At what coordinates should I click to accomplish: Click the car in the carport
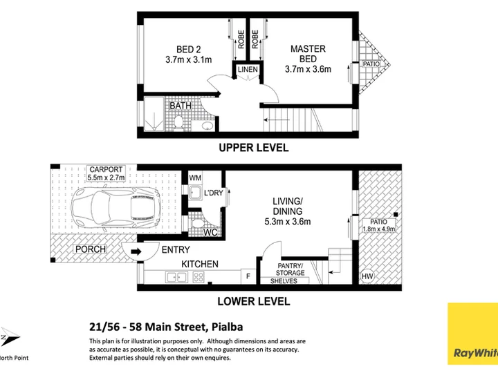click(x=116, y=208)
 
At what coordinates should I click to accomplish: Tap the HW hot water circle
click(x=367, y=276)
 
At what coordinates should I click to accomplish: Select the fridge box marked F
click(x=248, y=276)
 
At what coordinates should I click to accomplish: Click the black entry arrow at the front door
click(x=136, y=252)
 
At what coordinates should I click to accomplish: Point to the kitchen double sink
click(x=176, y=278)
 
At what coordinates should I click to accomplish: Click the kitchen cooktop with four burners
click(x=199, y=278)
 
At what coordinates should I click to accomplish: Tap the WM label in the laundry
click(x=194, y=178)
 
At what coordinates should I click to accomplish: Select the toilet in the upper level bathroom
click(x=178, y=123)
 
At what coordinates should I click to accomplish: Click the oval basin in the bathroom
click(x=207, y=126)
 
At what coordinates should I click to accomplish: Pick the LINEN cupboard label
click(x=248, y=70)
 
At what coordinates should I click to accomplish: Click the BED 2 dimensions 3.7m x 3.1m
click(x=189, y=59)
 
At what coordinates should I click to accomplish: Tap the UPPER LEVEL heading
click(x=254, y=148)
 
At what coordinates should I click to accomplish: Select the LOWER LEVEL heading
click(x=254, y=301)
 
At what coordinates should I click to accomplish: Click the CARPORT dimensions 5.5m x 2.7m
click(x=106, y=178)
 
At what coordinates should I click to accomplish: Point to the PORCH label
click(x=91, y=249)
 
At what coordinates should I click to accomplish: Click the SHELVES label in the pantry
click(x=284, y=281)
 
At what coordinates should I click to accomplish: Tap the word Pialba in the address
click(x=228, y=327)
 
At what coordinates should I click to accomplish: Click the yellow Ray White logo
click(x=473, y=334)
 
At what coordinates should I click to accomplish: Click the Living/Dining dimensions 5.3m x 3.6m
click(x=288, y=222)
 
